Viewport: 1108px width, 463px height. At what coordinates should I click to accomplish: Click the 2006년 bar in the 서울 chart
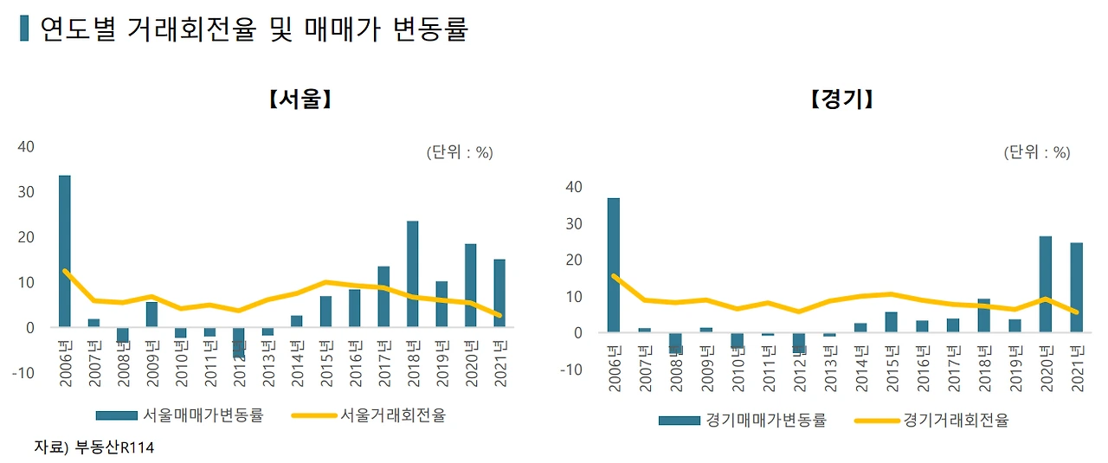65,251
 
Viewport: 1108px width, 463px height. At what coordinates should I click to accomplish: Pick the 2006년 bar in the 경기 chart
614,265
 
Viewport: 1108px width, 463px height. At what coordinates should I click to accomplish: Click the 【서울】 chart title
300,100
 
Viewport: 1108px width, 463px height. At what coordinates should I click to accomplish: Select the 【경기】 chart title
841,100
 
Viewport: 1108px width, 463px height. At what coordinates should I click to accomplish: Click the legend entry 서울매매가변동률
203,415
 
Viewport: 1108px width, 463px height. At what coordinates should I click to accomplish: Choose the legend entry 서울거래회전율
394,415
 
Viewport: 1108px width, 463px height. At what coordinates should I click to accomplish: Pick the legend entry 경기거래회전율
956,421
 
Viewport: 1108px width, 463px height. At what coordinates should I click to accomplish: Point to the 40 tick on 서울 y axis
26,147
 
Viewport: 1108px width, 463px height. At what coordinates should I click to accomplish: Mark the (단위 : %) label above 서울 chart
459,152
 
